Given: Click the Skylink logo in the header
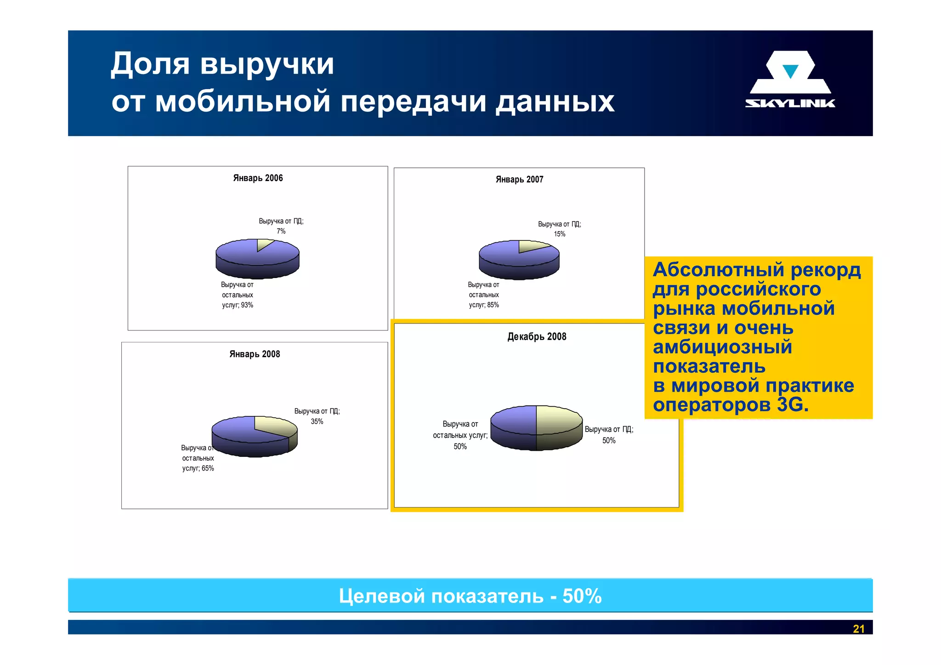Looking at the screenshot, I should [x=790, y=80].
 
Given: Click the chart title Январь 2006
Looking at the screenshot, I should [x=258, y=178].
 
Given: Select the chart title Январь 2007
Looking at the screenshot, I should [x=519, y=180].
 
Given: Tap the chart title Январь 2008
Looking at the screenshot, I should [x=255, y=354].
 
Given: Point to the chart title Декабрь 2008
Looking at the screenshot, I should [x=537, y=337].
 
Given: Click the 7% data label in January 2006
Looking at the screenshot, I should [x=281, y=231].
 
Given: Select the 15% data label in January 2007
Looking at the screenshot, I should [x=559, y=234].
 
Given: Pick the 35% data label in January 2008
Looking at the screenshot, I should [x=317, y=421].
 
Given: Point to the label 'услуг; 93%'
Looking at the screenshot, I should [x=238, y=305].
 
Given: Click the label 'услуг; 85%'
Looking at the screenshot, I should [x=484, y=305].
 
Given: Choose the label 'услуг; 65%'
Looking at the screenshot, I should [x=198, y=468].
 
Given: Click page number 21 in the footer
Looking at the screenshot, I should [x=858, y=629].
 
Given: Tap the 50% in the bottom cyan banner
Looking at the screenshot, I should [x=582, y=596].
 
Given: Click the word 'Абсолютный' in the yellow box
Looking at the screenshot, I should [x=718, y=270].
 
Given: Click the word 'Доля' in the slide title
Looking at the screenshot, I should [x=150, y=64].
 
